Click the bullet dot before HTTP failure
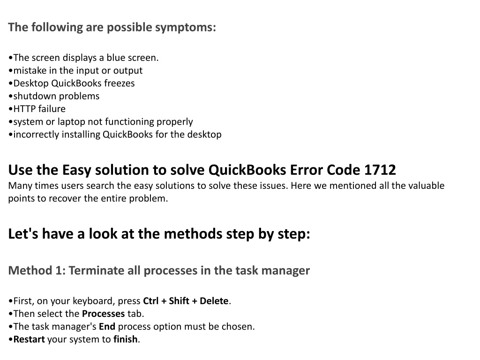coord(11,109)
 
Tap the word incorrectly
coord(36,135)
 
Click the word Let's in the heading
coord(23,234)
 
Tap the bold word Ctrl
coord(151,301)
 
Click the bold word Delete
coord(214,301)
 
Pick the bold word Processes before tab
coord(104,314)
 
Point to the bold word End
coord(107,327)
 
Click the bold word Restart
coord(29,339)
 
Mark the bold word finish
coord(126,339)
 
